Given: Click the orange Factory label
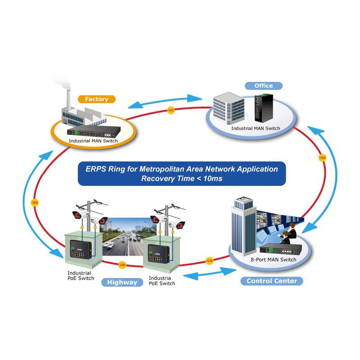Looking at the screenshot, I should pyautogui.click(x=96, y=99).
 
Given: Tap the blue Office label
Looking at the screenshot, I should pyautogui.click(x=263, y=85).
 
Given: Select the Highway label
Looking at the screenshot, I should pyautogui.click(x=122, y=282).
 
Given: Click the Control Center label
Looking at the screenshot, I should pyautogui.click(x=272, y=281).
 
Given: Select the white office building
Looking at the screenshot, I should pyautogui.click(x=229, y=108).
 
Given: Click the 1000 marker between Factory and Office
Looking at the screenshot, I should pyautogui.click(x=171, y=110).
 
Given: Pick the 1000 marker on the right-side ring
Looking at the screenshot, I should pyautogui.click(x=322, y=158).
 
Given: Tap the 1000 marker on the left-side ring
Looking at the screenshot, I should pyautogui.click(x=35, y=203).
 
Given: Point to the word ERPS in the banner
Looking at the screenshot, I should pyautogui.click(x=96, y=169).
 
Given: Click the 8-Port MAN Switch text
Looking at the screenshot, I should pyautogui.click(x=273, y=260).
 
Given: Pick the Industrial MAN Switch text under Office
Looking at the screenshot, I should pyautogui.click(x=256, y=128).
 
